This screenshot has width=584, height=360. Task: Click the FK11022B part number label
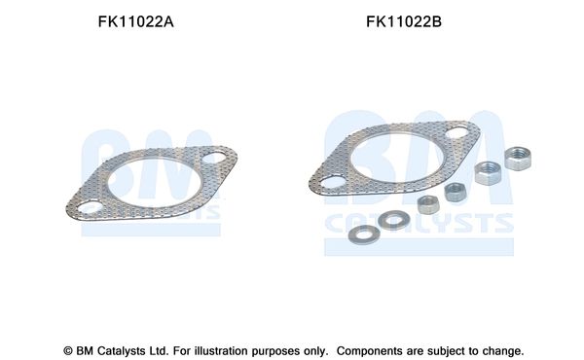tap(404, 22)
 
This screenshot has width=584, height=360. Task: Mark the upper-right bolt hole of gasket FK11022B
tap(456, 131)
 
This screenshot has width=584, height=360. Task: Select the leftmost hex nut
tap(425, 204)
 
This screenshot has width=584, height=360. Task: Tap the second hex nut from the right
tap(486, 174)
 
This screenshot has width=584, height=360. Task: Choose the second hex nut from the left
tap(454, 193)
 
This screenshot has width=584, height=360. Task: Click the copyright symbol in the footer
tap(68, 350)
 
